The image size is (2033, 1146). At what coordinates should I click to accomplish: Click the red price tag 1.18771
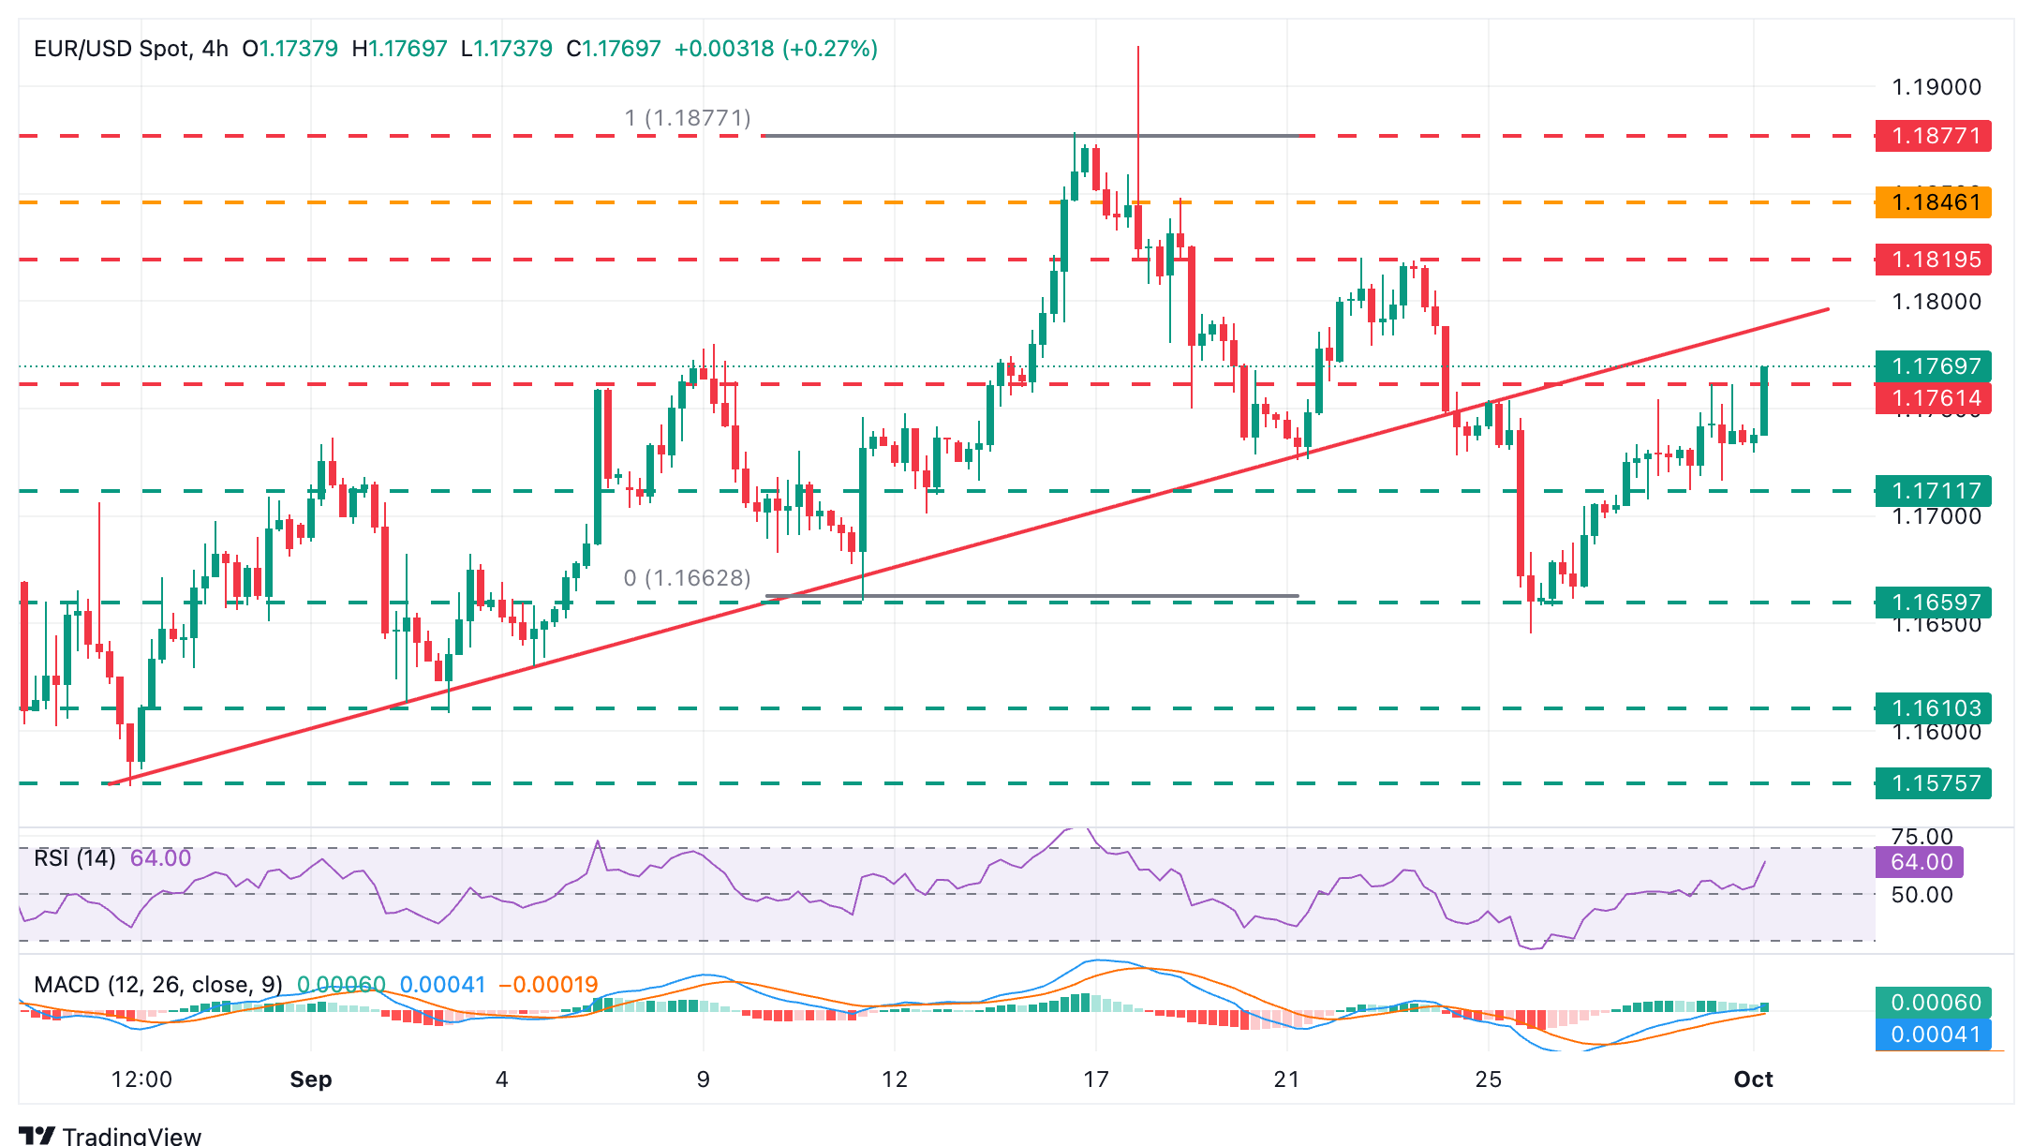tap(1933, 136)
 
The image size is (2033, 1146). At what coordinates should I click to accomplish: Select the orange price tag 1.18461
tap(1933, 202)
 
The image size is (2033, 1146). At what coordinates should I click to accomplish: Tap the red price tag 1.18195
tap(1933, 260)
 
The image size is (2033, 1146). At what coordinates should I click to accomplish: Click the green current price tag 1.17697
tap(1933, 365)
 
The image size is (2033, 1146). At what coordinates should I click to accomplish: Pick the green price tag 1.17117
tap(1933, 490)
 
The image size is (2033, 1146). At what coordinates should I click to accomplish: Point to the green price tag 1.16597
tap(1933, 602)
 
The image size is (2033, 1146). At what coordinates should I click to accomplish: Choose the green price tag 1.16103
tap(1933, 707)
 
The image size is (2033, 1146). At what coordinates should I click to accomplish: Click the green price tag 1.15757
tap(1933, 782)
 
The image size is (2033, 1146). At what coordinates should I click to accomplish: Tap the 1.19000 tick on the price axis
tap(1937, 87)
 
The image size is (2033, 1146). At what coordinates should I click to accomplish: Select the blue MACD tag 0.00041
tap(1933, 1034)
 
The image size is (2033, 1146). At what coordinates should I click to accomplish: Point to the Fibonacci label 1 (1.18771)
tap(688, 118)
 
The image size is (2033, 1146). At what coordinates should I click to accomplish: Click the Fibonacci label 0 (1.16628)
tap(687, 578)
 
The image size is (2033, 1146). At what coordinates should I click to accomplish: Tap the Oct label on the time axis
tap(1753, 1079)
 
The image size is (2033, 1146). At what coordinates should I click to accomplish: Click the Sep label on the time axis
tap(311, 1079)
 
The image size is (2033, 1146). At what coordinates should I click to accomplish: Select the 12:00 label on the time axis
tap(141, 1079)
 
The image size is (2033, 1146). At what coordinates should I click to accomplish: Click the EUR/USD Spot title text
tap(111, 49)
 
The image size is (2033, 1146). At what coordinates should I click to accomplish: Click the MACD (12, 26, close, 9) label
tap(158, 985)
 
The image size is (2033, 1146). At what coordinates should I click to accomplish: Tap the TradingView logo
tap(110, 1136)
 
